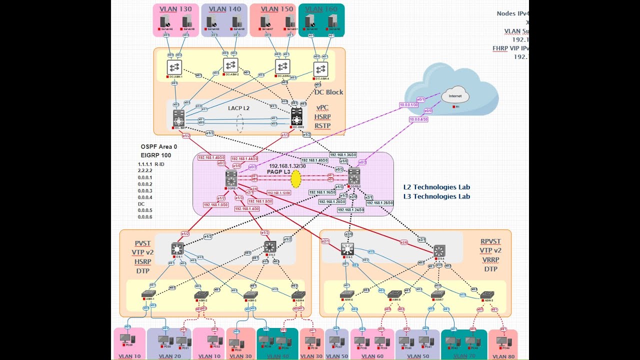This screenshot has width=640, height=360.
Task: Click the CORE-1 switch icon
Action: [x=231, y=177]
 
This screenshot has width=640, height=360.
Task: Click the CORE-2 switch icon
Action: [x=354, y=175]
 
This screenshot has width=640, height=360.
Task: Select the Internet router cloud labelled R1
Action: [x=455, y=96]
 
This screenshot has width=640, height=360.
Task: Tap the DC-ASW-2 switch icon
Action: [x=230, y=65]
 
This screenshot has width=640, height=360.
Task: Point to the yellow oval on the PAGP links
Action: [x=295, y=178]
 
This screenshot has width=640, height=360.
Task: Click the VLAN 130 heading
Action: [x=175, y=9]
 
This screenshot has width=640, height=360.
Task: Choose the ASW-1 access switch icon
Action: [x=148, y=293]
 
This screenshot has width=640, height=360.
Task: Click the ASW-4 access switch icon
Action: [x=298, y=294]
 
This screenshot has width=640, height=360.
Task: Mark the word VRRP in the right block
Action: [x=490, y=260]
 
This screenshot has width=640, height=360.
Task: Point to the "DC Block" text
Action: [x=328, y=92]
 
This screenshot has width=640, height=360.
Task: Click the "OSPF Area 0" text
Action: [x=159, y=147]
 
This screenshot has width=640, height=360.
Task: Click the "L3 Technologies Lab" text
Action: [x=436, y=196]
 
